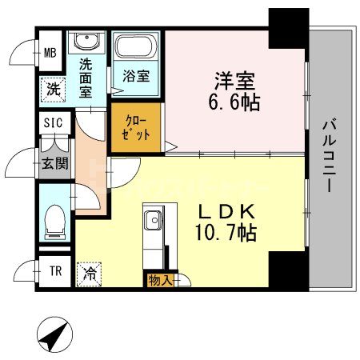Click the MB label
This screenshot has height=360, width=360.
tap(50, 54)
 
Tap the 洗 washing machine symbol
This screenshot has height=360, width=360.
tap(52, 88)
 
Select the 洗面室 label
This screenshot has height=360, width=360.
tap(86, 77)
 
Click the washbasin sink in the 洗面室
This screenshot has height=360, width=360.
tap(86, 42)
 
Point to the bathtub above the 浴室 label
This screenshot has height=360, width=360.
tap(137, 49)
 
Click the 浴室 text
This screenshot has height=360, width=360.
tap(136, 78)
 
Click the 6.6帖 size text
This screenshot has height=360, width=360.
tap(234, 103)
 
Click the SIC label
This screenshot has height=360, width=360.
tap(53, 124)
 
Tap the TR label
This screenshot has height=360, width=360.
tap(55, 270)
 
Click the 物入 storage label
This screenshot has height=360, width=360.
tap(158, 280)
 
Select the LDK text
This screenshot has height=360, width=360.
tap(226, 211)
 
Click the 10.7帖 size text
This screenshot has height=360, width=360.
tap(226, 234)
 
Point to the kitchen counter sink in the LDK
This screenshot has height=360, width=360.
tap(153, 218)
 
